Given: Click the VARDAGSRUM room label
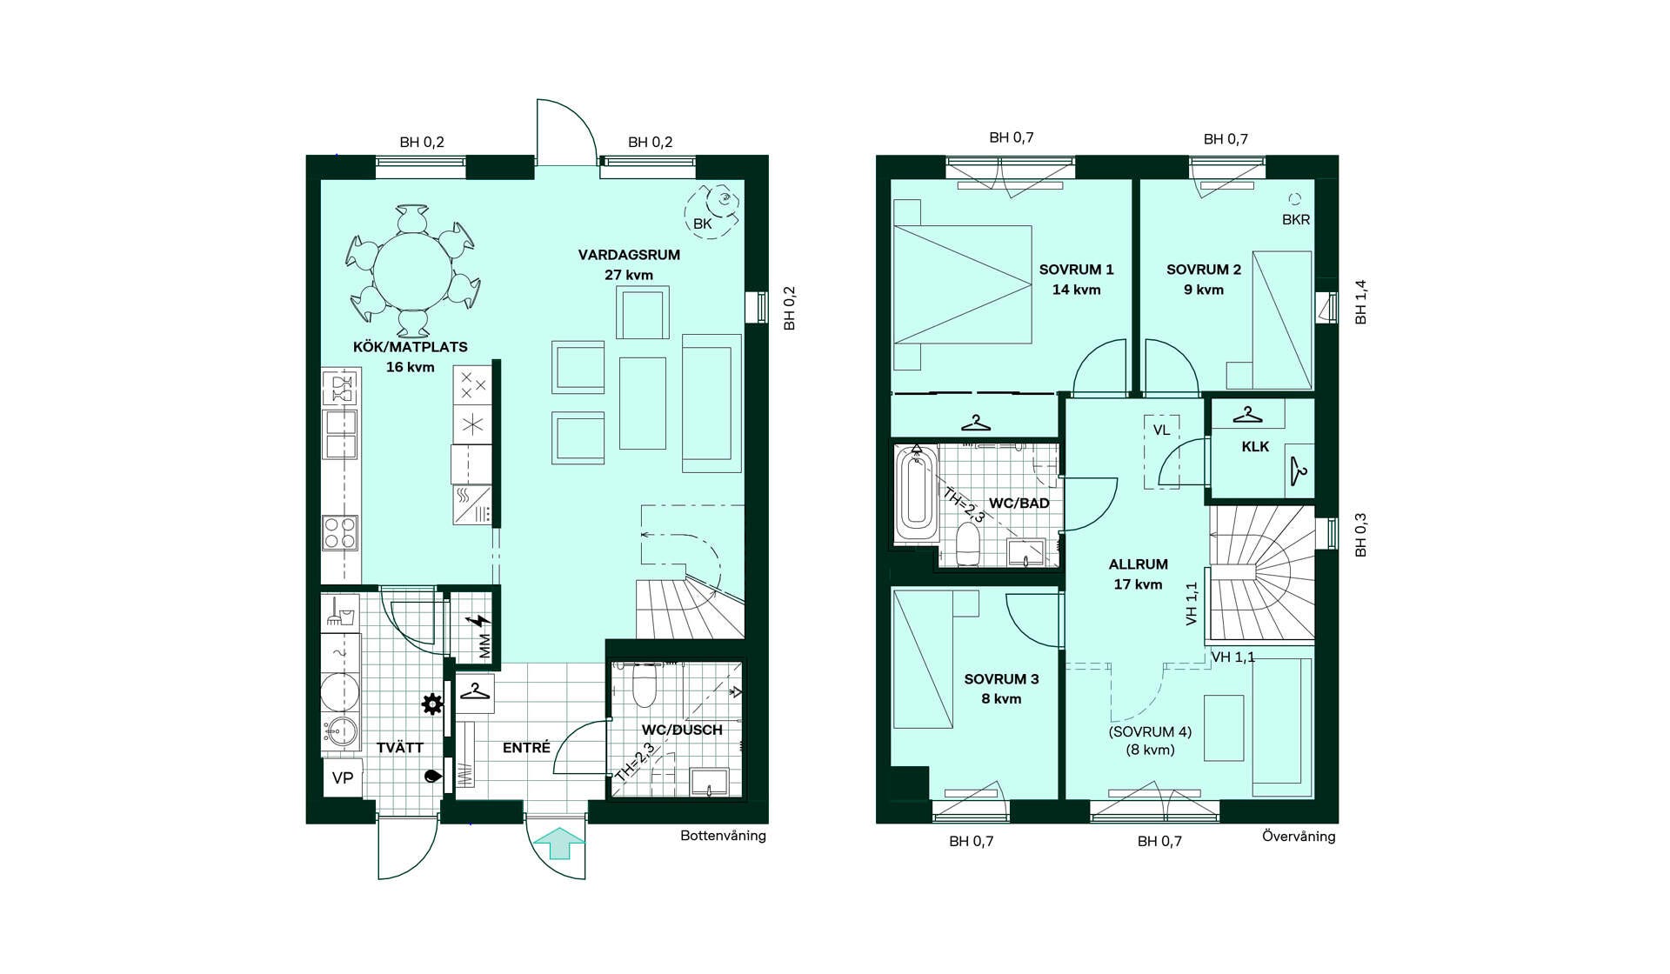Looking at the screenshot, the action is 629,255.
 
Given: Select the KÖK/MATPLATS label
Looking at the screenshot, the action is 410,346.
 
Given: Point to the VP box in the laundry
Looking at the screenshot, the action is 343,777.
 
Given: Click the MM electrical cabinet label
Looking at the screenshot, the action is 484,645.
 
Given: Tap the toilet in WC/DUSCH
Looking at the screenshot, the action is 644,685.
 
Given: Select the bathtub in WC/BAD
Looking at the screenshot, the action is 917,493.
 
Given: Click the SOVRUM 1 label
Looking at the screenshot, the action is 1076,270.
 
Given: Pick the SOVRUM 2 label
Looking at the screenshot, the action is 1204,270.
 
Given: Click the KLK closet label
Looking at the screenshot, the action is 1255,446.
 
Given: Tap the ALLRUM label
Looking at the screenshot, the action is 1138,564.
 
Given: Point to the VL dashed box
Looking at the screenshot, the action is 1161,451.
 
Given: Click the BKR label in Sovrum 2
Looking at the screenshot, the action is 1296,220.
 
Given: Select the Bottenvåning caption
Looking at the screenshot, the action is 723,836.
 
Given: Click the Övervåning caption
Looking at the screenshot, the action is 1299,837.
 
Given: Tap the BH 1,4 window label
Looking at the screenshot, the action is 1361,302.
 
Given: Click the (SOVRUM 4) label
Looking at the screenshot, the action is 1150,731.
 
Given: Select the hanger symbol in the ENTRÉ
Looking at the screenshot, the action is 475,691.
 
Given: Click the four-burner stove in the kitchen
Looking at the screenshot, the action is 340,533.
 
